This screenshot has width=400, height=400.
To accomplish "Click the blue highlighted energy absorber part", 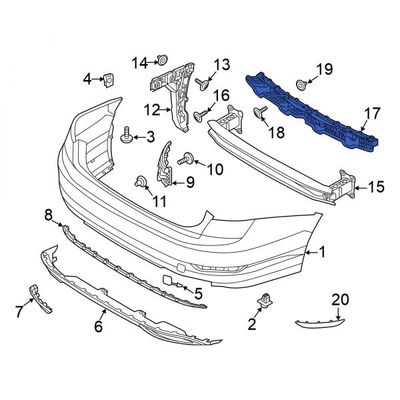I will [x=313, y=112].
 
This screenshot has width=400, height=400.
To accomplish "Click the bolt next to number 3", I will [x=127, y=137].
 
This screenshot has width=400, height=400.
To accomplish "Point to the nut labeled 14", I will [x=161, y=62].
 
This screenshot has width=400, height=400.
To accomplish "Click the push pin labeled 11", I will [x=141, y=180].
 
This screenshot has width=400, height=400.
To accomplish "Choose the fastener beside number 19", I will [x=301, y=84].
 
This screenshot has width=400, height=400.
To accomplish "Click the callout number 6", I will [x=98, y=327].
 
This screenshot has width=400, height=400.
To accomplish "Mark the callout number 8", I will [x=49, y=215].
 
